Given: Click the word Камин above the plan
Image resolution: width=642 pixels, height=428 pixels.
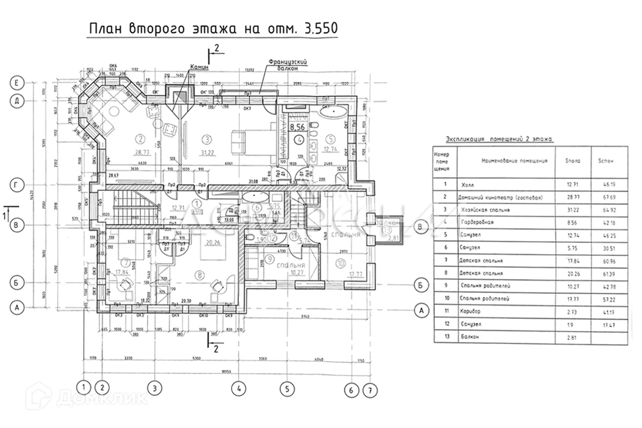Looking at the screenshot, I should (x=198, y=67).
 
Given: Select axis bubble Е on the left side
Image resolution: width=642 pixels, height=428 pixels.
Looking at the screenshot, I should (x=18, y=82).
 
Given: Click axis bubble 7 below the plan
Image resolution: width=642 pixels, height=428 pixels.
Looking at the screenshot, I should (x=369, y=391).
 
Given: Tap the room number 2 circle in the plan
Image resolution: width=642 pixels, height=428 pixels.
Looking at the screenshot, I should (x=141, y=139).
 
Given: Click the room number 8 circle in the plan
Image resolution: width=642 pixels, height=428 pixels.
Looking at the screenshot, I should (x=200, y=275).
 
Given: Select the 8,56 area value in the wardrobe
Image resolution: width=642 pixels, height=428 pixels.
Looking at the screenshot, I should (x=297, y=127).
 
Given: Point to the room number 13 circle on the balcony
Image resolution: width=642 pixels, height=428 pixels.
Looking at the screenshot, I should (x=387, y=230).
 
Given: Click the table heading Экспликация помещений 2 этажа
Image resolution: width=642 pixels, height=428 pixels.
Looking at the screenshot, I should (x=499, y=139).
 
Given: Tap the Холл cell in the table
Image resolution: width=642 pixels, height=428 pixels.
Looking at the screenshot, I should (x=467, y=184).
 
